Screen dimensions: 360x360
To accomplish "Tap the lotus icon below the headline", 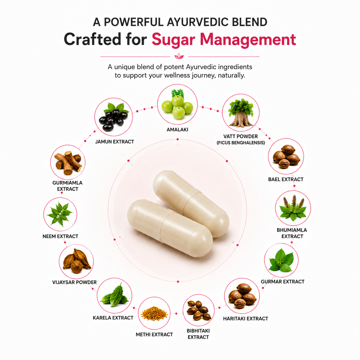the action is point(179,57).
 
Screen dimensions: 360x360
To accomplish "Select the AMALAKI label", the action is point(177,130).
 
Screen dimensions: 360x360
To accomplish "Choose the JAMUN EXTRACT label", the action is point(115,142).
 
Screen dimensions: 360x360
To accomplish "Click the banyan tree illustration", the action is point(241,113).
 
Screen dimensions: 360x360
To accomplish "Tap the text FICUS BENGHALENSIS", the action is point(241,143).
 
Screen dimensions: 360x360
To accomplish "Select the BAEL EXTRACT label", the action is point(286,179).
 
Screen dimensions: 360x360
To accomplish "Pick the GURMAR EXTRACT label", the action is point(282,282).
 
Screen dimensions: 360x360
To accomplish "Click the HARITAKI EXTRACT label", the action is point(245,319).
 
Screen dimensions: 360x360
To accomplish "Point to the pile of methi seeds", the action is point(154,313).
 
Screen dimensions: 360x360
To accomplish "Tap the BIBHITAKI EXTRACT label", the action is point(198,334).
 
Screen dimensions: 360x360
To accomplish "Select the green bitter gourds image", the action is point(114,295).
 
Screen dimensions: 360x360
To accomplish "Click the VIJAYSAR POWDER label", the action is point(74,282).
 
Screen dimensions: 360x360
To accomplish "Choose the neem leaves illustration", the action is point(60,214).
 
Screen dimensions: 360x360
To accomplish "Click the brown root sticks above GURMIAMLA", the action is point(68,162).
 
